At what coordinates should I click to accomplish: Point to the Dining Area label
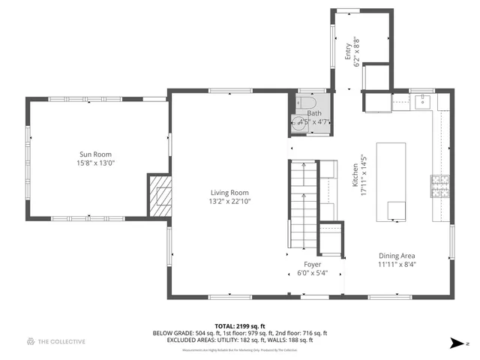coord(397,255)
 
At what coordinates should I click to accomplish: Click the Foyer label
coord(312,264)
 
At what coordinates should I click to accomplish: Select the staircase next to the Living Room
coord(304,206)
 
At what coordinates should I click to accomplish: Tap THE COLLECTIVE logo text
coord(62,342)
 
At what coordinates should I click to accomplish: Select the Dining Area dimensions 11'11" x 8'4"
coord(397,264)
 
